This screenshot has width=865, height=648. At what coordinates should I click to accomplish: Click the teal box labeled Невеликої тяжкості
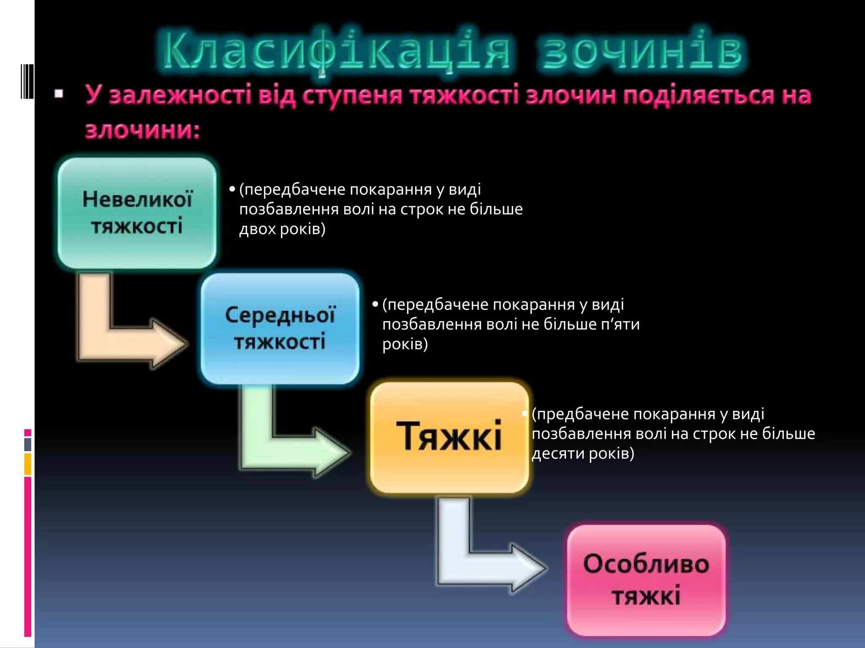click(137, 213)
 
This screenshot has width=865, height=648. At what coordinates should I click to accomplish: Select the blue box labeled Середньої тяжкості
click(280, 328)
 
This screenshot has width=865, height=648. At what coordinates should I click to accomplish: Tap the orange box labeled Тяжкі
click(449, 437)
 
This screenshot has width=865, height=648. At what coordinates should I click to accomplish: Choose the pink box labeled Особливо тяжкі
click(646, 580)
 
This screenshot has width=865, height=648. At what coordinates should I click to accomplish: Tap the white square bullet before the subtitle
click(59, 94)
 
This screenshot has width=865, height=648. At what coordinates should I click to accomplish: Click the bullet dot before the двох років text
click(232, 189)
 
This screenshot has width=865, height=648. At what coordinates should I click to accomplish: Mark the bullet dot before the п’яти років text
click(375, 304)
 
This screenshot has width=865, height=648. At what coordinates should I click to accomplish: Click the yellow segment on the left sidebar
click(28, 464)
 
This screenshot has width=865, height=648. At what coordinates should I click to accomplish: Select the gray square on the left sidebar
click(28, 444)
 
